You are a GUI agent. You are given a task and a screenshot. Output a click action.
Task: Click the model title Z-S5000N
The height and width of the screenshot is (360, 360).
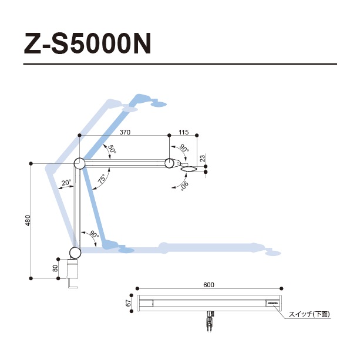pos(88,44)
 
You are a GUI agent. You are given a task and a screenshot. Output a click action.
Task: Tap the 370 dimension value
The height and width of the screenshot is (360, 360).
pos(125,133)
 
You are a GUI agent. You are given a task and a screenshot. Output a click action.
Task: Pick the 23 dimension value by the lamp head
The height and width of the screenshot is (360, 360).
pos(201,158)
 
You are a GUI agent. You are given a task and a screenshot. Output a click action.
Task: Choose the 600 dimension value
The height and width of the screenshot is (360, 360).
pos(209,285)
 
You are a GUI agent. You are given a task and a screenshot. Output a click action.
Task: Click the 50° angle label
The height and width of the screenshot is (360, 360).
pos(110,150)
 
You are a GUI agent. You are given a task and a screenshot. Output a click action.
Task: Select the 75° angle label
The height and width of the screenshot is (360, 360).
pos(103,179)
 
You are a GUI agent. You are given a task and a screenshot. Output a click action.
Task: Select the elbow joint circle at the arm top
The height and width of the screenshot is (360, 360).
pos(79,164)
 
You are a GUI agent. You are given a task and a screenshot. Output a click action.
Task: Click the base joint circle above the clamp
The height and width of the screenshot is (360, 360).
pos(75,253)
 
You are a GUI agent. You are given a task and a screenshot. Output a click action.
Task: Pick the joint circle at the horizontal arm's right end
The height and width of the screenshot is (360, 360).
pos(170,163)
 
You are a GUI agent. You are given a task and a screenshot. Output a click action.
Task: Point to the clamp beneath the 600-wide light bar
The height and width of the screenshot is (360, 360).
pos(209,321)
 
